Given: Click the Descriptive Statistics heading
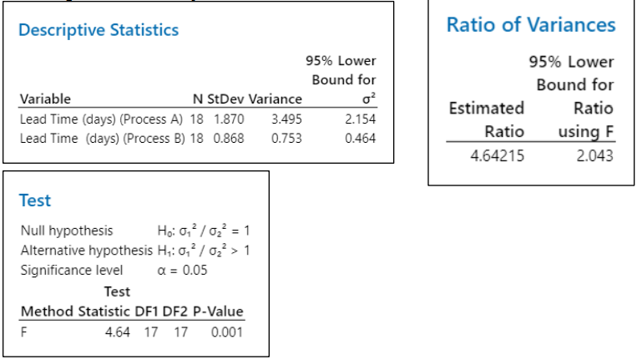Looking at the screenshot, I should point(99,30).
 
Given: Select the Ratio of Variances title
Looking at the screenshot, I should point(531,24).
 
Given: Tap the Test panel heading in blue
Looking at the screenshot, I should point(34,200).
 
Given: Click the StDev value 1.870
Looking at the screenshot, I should point(229,119).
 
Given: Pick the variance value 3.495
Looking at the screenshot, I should point(286,119).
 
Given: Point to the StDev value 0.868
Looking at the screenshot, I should point(229,138).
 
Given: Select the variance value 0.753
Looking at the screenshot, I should point(286,138).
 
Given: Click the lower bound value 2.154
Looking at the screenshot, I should point(360,119).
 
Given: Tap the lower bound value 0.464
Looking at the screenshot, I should point(360,138).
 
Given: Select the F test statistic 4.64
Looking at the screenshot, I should point(117,332).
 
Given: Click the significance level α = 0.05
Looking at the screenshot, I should point(182,270).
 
